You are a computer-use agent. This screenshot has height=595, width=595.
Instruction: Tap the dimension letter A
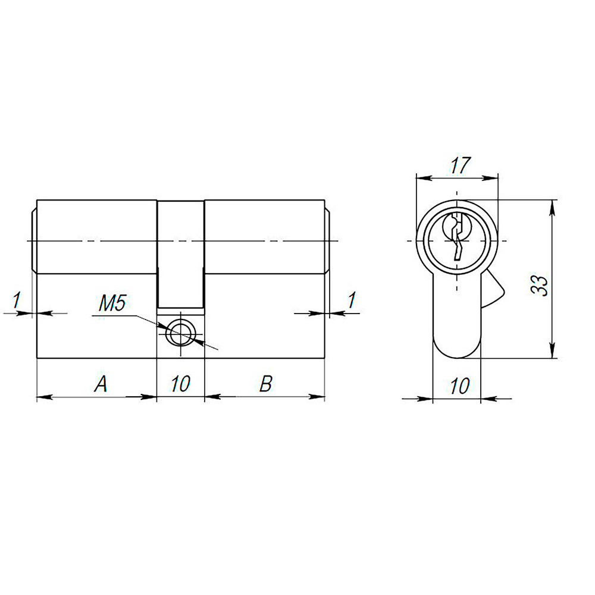(x=101, y=384)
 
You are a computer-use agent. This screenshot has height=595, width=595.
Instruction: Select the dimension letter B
(x=266, y=384)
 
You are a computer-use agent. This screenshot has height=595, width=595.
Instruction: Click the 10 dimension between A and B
(x=180, y=384)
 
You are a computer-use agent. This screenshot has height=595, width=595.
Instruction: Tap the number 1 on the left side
(x=17, y=300)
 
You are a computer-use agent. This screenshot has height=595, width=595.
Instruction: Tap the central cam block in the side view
(x=181, y=253)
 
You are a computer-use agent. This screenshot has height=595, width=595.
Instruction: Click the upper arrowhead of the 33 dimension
(x=553, y=206)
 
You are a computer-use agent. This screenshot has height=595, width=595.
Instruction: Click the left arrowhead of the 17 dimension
(x=421, y=177)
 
